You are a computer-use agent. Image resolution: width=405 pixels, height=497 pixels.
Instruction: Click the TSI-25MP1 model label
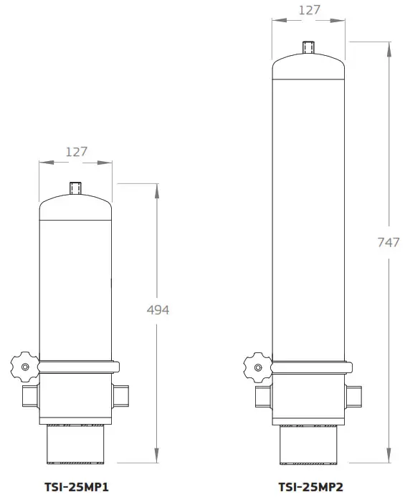pos(76,486)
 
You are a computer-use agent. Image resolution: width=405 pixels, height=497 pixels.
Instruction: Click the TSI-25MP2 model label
pos(311,486)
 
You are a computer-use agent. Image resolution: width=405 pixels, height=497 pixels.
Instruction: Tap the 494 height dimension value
pos(158,309)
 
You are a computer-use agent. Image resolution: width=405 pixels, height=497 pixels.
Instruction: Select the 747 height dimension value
pos(388,242)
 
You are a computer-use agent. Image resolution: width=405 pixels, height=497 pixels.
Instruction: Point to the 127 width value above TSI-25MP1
pos(76,151)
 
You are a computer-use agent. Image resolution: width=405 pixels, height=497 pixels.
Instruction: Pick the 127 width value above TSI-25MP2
pos(308,10)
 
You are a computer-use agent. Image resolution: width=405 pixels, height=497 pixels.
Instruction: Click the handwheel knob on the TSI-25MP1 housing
pos(26,367)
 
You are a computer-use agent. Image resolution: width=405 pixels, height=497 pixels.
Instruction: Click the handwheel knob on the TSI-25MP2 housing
pos(257,367)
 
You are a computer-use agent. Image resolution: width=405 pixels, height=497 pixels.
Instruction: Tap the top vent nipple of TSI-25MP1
pos(76,188)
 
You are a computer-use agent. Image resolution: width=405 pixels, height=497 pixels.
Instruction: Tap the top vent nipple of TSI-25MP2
pos(309,47)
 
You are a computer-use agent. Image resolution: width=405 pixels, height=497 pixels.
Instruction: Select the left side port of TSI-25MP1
pos(31,395)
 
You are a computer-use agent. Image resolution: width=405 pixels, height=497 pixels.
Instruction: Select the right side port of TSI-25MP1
pos(121,395)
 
